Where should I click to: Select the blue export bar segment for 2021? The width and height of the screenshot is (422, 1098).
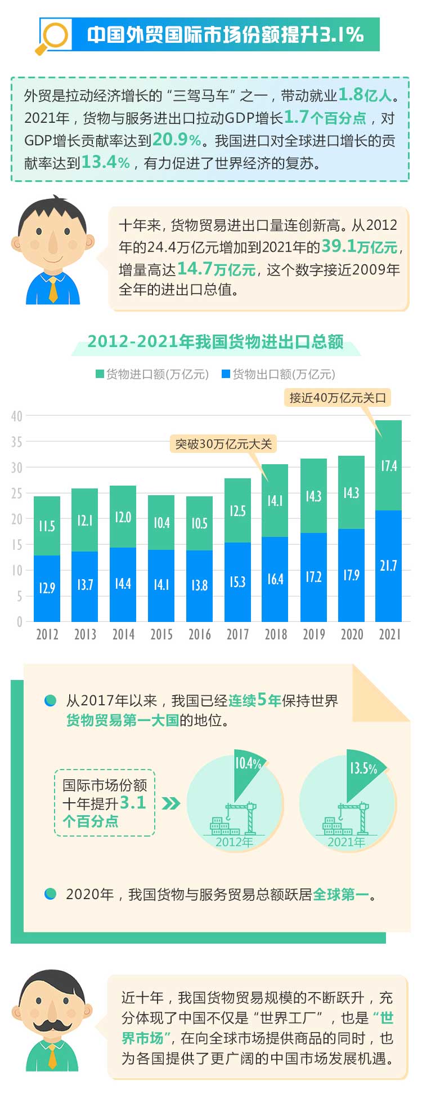point(389,566)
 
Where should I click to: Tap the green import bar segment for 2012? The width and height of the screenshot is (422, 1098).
point(47,526)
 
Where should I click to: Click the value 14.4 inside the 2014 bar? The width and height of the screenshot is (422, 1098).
point(123,584)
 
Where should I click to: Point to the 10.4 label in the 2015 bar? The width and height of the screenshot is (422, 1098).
point(161,523)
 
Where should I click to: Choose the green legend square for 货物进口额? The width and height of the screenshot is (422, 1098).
point(100,374)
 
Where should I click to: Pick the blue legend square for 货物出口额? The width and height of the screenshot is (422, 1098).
point(226,374)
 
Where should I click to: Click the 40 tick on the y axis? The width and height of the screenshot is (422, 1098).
point(16,416)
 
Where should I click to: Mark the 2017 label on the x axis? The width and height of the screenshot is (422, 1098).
point(237,634)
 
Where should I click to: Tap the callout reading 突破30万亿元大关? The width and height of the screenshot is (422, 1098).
point(223,444)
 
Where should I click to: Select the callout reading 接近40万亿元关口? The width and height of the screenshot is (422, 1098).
point(338,398)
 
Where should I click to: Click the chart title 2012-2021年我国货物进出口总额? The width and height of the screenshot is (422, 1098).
point(216,342)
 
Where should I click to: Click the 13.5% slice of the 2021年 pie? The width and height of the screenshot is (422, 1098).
point(362,771)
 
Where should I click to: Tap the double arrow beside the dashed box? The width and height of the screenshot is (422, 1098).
point(170,803)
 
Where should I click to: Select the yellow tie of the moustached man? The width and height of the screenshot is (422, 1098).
point(52,1056)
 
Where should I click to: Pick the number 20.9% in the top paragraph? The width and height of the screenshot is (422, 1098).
point(177,140)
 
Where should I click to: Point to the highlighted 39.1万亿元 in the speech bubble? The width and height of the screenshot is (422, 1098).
point(360,247)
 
